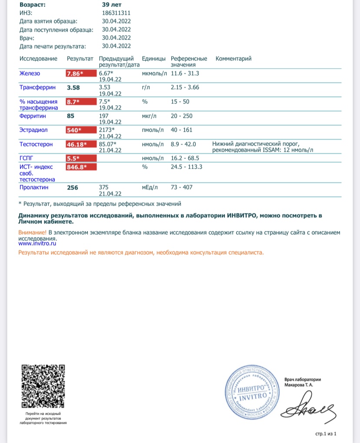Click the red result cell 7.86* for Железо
coord(81,73)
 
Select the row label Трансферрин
coord(37,88)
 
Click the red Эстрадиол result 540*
coord(81,130)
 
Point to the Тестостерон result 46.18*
coord(81,144)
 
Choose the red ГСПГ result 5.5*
coord(81,158)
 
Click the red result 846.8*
coord(81,166)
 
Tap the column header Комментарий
coord(233,59)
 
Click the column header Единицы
coord(154,59)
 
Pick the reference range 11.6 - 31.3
coord(185,73)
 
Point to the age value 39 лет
coord(111,4)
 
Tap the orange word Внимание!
coord(32,233)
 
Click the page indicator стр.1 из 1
coord(326,434)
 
